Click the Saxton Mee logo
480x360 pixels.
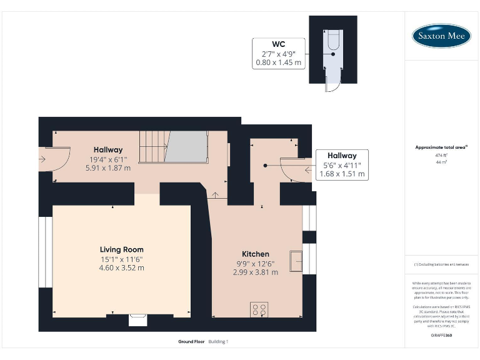(x=441, y=36)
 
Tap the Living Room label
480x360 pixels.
(x=122, y=249)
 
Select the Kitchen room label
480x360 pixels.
(x=256, y=254)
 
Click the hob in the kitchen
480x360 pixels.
(x=259, y=309)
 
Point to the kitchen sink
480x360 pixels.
(x=296, y=259)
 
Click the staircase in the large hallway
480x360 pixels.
(x=172, y=147)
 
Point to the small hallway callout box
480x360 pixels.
(x=342, y=165)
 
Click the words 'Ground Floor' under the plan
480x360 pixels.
(x=191, y=342)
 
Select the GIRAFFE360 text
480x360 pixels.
(x=441, y=337)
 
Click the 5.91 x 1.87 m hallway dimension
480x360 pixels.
(x=108, y=168)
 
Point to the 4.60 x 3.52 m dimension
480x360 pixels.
(x=122, y=267)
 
